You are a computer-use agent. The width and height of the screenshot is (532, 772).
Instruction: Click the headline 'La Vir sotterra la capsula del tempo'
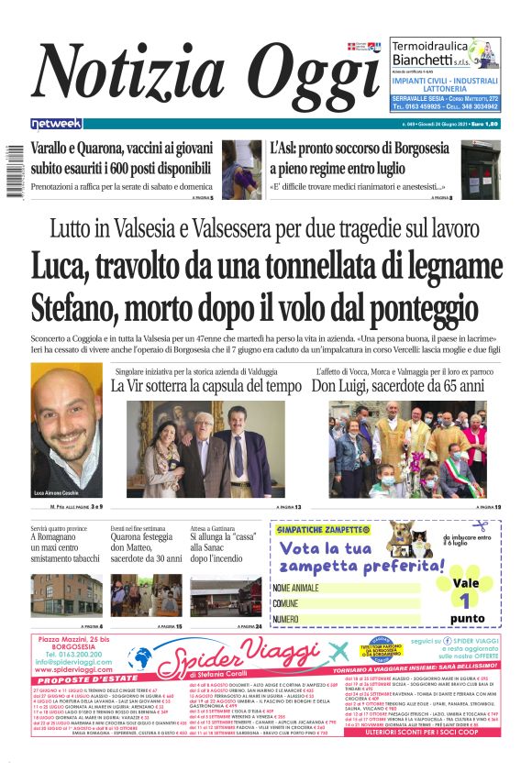pos(212,386)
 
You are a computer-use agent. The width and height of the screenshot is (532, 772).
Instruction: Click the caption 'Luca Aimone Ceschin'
pos(57,493)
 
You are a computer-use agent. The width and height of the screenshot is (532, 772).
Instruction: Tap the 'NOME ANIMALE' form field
pos(346,588)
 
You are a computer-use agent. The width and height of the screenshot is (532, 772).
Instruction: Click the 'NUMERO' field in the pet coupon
pos(346,620)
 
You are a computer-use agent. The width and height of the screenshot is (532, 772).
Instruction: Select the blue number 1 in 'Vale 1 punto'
pos(465,601)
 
